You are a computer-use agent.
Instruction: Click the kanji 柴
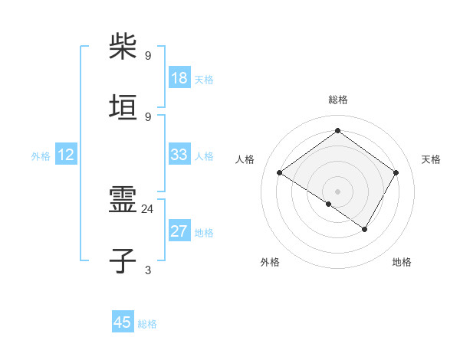click(123, 47)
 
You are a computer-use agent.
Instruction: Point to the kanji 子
click(123, 261)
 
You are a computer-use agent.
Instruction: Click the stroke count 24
click(148, 208)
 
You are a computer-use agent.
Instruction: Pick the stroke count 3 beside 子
click(148, 269)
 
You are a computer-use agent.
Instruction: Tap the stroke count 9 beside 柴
click(148, 55)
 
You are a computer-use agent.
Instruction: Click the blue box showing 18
click(179, 78)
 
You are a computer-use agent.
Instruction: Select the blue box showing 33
click(179, 155)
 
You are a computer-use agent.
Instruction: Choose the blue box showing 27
click(179, 231)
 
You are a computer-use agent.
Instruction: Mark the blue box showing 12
click(66, 155)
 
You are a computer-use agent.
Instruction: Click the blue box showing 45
click(123, 322)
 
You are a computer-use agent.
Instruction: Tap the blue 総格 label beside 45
click(147, 324)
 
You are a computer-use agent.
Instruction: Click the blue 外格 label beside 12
click(41, 156)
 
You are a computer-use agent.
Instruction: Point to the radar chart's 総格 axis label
click(337, 100)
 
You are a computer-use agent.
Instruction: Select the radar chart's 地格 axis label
click(402, 263)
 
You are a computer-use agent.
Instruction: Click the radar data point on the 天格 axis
click(396, 173)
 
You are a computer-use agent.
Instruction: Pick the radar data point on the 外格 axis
click(329, 204)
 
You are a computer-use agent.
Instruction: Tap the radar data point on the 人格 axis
click(280, 173)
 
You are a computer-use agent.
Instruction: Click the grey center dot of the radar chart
click(337, 191)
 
